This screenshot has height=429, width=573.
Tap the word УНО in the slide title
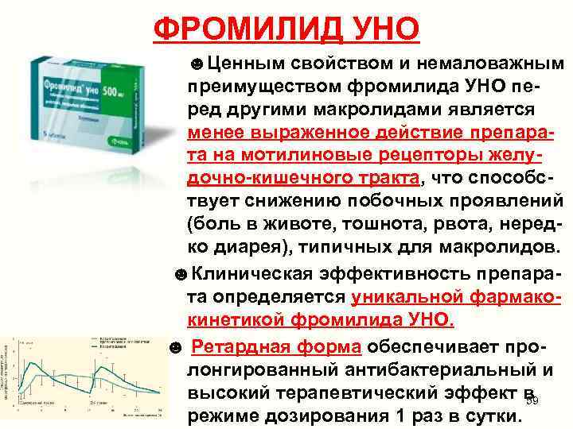pyautogui.click(x=383, y=29)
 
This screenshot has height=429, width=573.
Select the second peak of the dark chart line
pyautogui.click(x=100, y=366)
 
